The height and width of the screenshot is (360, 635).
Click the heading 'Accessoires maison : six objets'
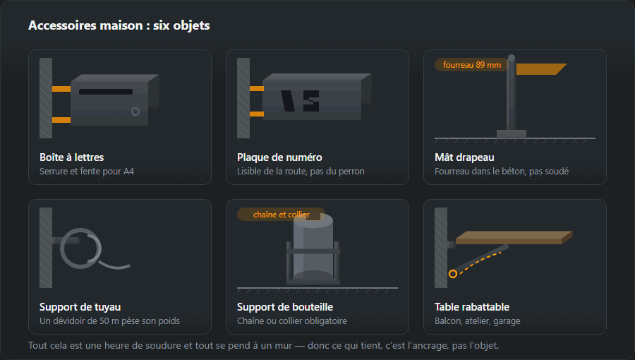[x=119, y=25]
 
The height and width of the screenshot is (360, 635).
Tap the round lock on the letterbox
[x=135, y=112]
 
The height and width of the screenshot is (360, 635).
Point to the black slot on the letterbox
[x=106, y=92]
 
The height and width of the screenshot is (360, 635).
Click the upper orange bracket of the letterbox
[x=61, y=89]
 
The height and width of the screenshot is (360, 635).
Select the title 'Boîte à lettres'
[x=72, y=157]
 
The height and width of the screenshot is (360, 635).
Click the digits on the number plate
[x=300, y=101]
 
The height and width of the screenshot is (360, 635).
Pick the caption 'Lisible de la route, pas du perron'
[x=301, y=172]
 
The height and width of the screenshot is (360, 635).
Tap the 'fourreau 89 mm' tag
[x=472, y=65]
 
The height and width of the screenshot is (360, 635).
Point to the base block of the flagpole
[x=512, y=134]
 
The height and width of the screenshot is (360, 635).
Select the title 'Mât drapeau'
[x=464, y=157]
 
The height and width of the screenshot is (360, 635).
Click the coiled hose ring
[x=80, y=248]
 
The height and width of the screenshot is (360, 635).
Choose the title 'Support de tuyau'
[x=80, y=307]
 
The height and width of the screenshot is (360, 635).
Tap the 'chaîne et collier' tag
[x=281, y=215]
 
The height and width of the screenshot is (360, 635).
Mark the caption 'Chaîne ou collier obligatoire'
[x=292, y=321]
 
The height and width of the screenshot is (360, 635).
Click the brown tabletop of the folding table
[x=514, y=237]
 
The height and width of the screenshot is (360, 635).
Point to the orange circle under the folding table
[x=453, y=274]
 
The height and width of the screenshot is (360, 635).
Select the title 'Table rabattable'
[x=472, y=307]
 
